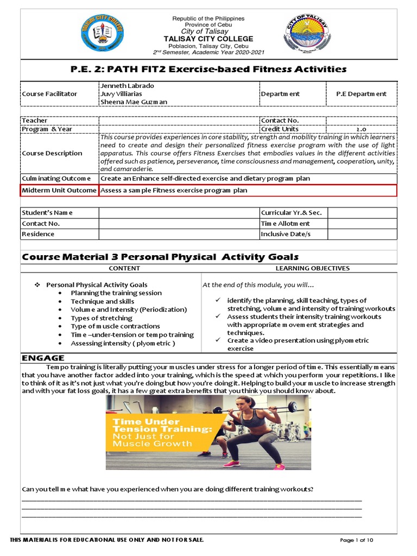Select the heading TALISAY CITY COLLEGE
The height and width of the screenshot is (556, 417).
pyautogui.click(x=208, y=39)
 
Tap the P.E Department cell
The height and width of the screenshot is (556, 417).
pyautogui.click(x=361, y=94)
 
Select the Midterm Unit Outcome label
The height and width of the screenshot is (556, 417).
pyautogui.click(x=59, y=190)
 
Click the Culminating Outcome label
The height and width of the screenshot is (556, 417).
pyautogui.click(x=56, y=178)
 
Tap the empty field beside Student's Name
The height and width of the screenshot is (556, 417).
pyautogui.click(x=179, y=213)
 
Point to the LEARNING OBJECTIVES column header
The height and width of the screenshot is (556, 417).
pyautogui.click(x=312, y=268)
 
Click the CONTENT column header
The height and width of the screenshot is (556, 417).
pyautogui.click(x=124, y=268)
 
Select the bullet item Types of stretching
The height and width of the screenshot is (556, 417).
pyautogui.click(x=102, y=318)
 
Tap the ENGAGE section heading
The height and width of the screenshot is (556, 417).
pyautogui.click(x=43, y=358)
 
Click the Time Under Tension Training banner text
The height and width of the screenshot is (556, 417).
pyautogui.click(x=154, y=432)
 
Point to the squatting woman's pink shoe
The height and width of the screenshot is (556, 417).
pyautogui.click(x=232, y=464)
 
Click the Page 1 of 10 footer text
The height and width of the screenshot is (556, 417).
pyautogui.click(x=357, y=540)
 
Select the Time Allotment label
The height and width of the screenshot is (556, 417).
pyautogui.click(x=286, y=224)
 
